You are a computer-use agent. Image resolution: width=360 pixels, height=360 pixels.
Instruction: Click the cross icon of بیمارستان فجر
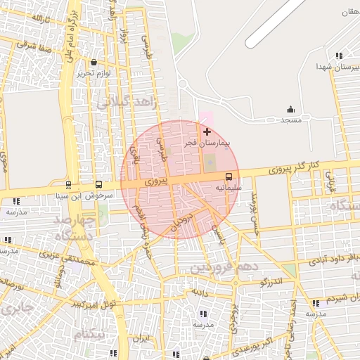207,131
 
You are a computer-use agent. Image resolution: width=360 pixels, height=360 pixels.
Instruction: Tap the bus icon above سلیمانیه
229,176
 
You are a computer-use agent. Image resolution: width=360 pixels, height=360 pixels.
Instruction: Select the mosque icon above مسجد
290,110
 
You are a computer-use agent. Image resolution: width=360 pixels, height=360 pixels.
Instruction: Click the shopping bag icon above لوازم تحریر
94,62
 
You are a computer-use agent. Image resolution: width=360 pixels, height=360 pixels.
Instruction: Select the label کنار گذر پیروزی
295,167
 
